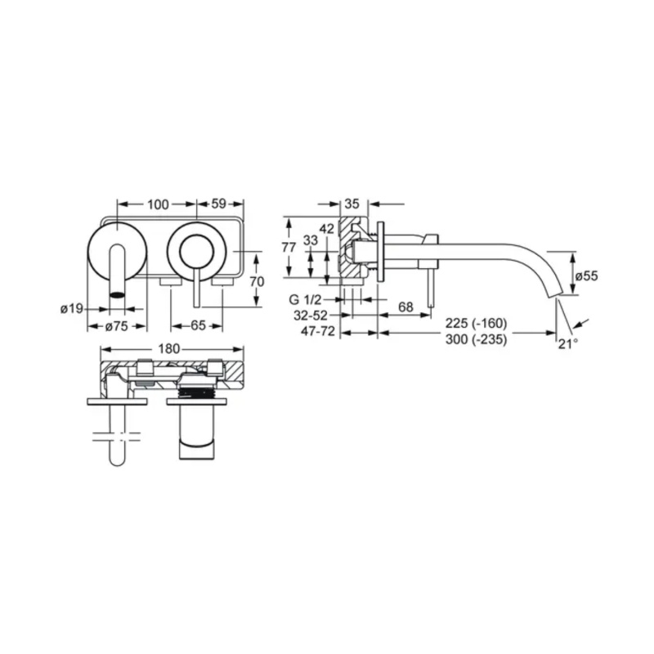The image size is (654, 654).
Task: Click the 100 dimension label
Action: (x=158, y=204)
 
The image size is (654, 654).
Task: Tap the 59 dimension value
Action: (x=218, y=204)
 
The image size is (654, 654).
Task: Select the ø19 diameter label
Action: (x=72, y=309)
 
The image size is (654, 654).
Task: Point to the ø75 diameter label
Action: (x=117, y=326)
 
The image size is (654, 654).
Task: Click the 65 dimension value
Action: (x=198, y=325)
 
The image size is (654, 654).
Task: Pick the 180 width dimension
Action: (x=169, y=349)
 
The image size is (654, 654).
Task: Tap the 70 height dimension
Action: (x=257, y=282)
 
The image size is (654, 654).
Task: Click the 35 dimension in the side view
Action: (x=352, y=204)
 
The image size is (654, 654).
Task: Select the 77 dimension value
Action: (x=289, y=248)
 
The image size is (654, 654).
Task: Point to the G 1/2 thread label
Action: (x=305, y=299)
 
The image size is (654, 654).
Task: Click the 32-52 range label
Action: (x=311, y=316)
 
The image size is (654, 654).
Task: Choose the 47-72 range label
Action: (x=318, y=332)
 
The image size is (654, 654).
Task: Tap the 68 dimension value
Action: (x=405, y=307)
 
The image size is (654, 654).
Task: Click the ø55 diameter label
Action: (x=586, y=275)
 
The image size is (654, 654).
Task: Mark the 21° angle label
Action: (x=568, y=344)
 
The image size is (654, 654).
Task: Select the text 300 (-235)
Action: (x=477, y=339)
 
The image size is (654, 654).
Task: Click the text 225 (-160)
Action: (x=477, y=323)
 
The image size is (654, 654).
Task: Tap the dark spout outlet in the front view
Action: (x=117, y=295)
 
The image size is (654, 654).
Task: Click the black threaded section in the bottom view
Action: (x=196, y=392)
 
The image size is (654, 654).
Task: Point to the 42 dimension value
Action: (x=327, y=229)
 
